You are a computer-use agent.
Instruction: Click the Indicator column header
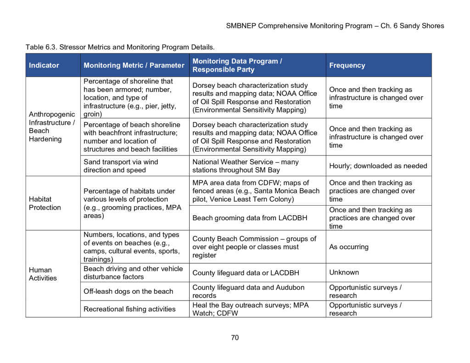point(44,66)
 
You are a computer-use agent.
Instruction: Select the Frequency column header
point(347,66)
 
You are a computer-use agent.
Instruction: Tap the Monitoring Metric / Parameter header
point(134,66)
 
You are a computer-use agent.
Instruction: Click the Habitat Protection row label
point(45,203)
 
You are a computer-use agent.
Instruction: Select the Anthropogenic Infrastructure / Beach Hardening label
point(51,127)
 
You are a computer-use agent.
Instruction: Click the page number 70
point(235,338)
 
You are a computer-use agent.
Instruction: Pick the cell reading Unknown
point(344,273)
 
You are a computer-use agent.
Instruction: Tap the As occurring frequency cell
point(349,247)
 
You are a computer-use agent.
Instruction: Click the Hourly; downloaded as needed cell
point(378,166)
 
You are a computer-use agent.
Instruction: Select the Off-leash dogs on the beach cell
point(128,291)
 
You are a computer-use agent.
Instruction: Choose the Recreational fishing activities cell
point(129,309)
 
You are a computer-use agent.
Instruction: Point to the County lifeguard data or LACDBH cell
point(246,273)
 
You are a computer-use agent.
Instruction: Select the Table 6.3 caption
point(120,47)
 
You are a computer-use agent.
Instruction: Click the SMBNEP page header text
point(335,26)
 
